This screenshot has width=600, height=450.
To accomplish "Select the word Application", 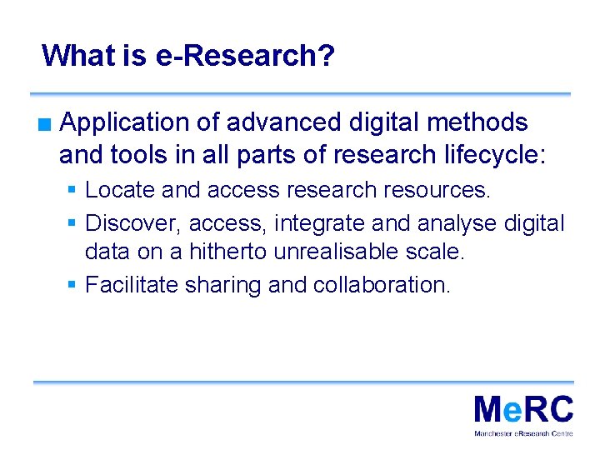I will pos(126,123).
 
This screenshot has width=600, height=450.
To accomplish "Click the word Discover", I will pos(133,223).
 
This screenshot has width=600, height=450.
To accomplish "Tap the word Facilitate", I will pos(132,285).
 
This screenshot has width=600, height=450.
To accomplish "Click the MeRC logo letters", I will pos(523,411).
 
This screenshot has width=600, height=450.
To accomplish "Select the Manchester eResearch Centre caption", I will pos(523,434).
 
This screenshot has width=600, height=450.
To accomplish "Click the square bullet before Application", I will pos(43,126).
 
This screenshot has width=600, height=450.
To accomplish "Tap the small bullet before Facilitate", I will pos(73,285).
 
